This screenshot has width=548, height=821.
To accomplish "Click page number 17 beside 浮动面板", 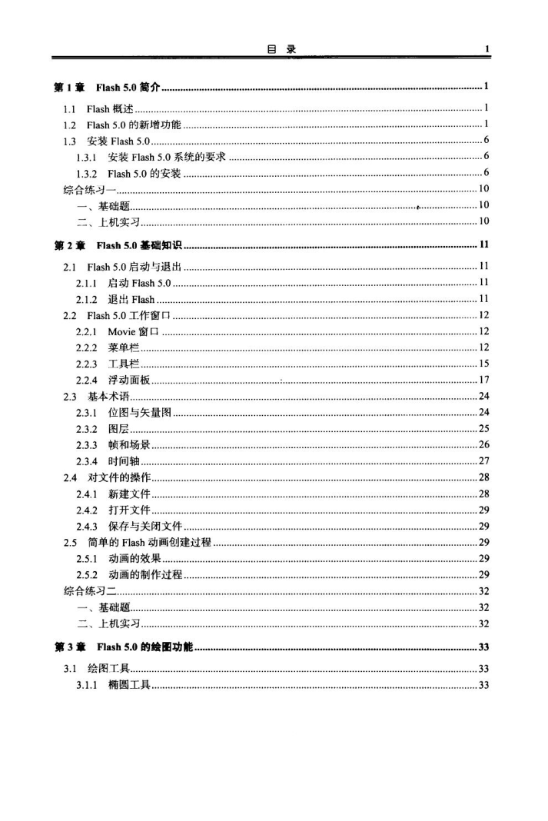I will (483, 381).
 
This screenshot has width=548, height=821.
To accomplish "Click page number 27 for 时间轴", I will (483, 461).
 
